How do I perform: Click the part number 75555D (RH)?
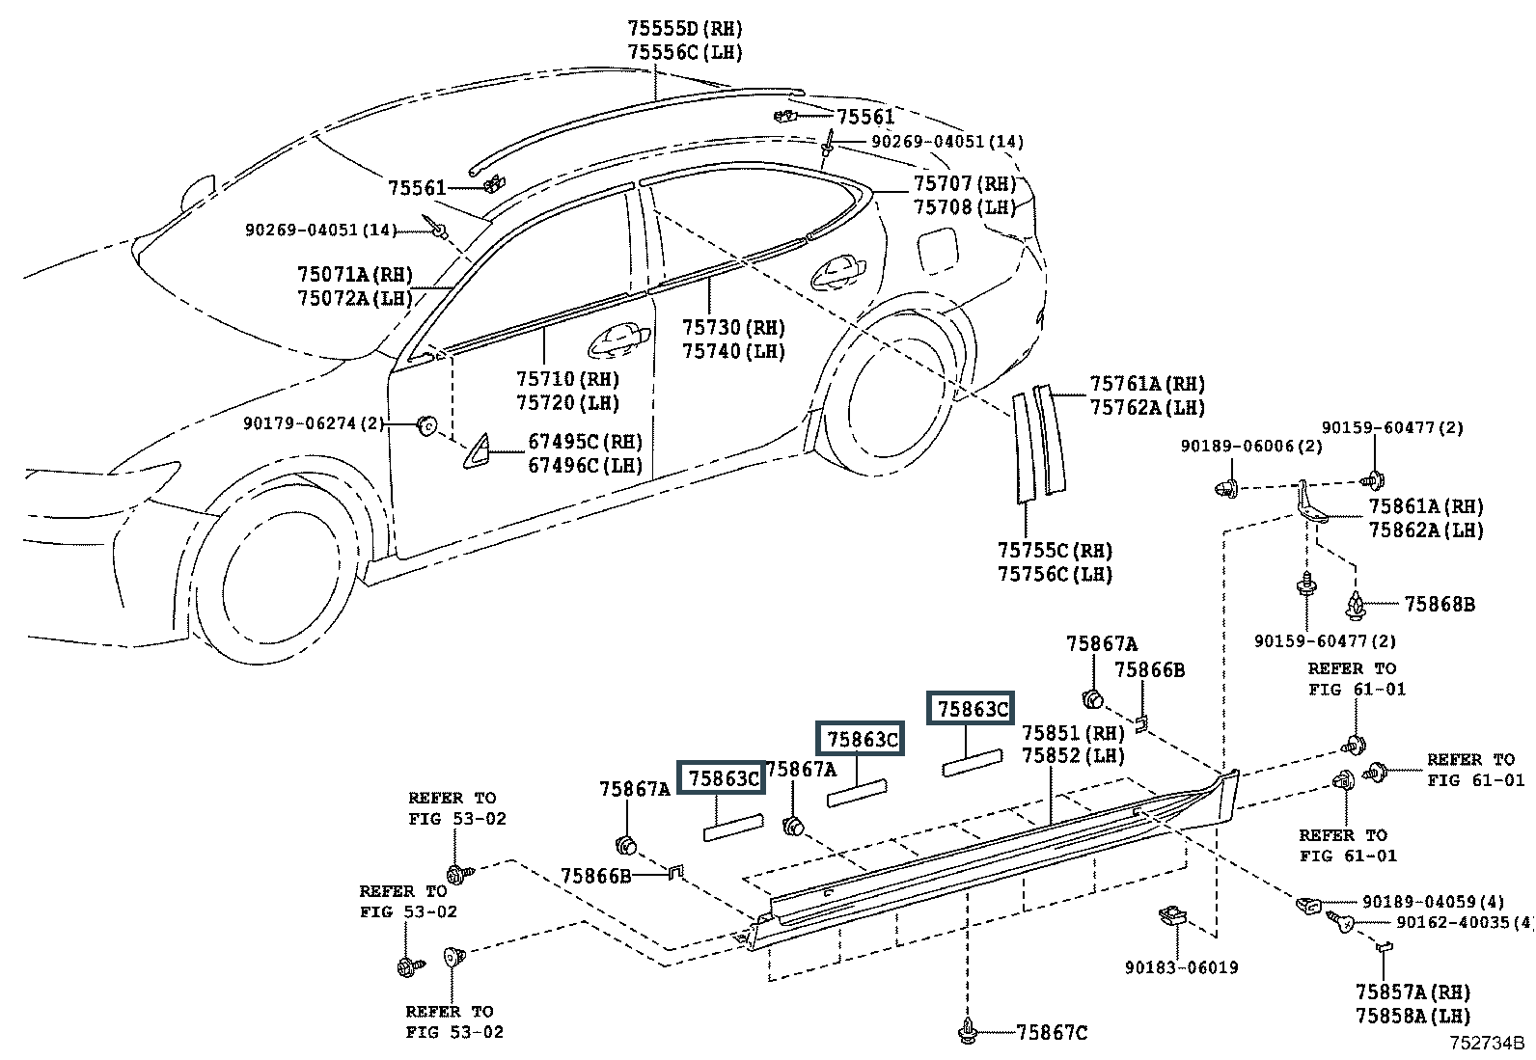click(685, 29)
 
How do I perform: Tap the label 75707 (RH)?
click(964, 184)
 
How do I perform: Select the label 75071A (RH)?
click(354, 274)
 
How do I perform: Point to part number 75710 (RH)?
click(567, 379)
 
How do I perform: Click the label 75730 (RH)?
click(733, 327)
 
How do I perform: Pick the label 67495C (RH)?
click(585, 442)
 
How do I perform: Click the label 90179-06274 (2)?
click(315, 423)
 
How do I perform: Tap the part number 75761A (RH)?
click(1147, 384)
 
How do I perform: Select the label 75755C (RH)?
click(1055, 551)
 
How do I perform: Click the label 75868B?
click(1440, 604)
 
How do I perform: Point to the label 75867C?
click(1052, 1033)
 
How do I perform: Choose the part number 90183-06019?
click(1182, 967)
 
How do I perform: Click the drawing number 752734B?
click(1486, 1043)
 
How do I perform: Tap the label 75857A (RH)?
click(1413, 992)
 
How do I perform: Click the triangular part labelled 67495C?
click(476, 451)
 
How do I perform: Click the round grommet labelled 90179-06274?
click(427, 425)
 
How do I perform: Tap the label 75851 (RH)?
click(1073, 733)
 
